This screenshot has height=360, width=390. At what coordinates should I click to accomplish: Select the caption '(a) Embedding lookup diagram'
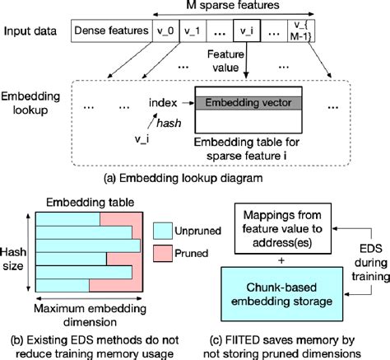[x=194, y=177]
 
